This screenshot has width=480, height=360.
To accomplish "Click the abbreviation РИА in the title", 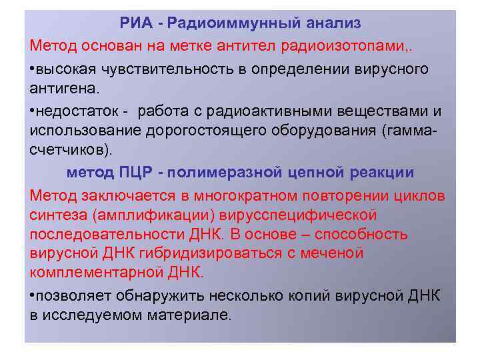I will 137,23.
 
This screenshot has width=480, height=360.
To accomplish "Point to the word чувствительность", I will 151,69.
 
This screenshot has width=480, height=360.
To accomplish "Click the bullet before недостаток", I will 33,109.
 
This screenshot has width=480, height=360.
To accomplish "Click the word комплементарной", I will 95,273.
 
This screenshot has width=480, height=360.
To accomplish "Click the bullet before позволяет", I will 33,296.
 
